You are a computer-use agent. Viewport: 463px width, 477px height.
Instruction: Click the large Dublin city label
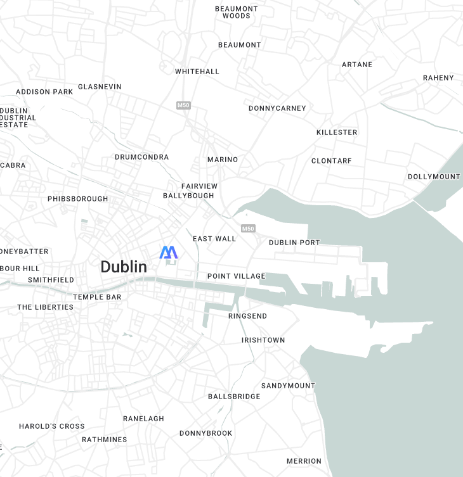pyautogui.click(x=124, y=267)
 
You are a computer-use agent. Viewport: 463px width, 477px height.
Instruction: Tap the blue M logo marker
pyautogui.click(x=168, y=252)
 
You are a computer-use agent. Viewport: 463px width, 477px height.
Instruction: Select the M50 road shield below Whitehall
pyautogui.click(x=183, y=105)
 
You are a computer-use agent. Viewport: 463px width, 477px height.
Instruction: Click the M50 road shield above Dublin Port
pyautogui.click(x=248, y=228)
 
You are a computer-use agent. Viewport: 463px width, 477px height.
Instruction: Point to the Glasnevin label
pyautogui.click(x=100, y=87)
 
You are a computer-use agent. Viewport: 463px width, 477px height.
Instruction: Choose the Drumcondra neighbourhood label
pyautogui.click(x=141, y=157)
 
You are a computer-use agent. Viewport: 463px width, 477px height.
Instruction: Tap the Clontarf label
pyautogui.click(x=331, y=161)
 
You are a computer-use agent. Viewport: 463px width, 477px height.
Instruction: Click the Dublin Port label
pyautogui.click(x=294, y=243)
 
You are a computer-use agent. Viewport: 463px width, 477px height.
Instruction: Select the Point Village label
pyautogui.click(x=236, y=276)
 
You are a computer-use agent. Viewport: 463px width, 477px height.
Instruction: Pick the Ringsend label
pyautogui.click(x=247, y=316)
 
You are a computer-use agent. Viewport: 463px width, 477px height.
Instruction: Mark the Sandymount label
pyautogui.click(x=288, y=386)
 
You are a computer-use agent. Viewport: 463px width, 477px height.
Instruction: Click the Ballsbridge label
pyautogui.click(x=234, y=397)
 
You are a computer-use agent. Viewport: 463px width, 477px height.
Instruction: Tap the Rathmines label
pyautogui.click(x=104, y=440)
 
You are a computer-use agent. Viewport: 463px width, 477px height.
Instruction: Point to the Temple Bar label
pyautogui.click(x=97, y=297)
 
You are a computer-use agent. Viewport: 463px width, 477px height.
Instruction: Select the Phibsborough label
pyautogui.click(x=77, y=199)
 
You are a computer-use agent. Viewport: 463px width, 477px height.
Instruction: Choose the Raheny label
pyautogui.click(x=438, y=78)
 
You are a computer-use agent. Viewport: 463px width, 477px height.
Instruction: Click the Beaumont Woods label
pyautogui.click(x=237, y=12)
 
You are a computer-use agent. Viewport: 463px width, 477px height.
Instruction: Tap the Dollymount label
pyautogui.click(x=433, y=177)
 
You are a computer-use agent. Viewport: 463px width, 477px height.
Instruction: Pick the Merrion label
pyautogui.click(x=304, y=461)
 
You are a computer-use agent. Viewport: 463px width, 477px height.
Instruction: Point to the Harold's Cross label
pyautogui.click(x=51, y=426)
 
